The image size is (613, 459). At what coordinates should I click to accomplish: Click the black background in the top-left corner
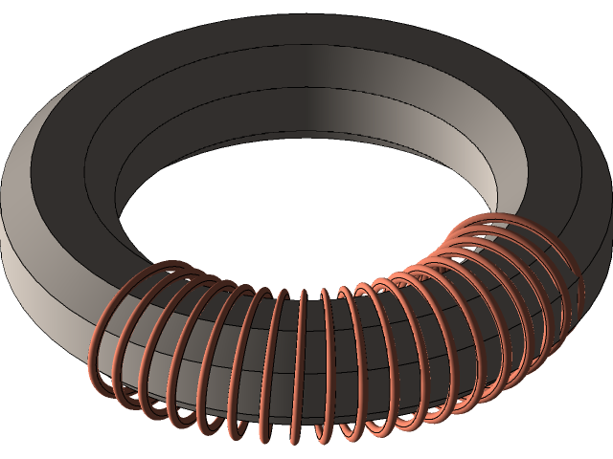(19, 19)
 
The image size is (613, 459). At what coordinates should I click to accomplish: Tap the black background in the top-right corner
(594, 19)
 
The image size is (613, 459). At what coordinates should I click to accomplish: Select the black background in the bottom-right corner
(594, 440)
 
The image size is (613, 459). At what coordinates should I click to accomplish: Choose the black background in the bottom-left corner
(19, 440)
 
